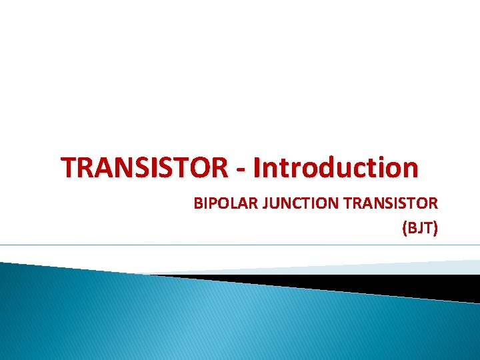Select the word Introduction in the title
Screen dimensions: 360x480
click(x=337, y=167)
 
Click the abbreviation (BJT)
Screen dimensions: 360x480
click(x=419, y=229)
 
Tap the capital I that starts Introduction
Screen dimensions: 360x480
click(x=258, y=167)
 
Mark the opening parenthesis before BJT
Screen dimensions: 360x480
click(x=404, y=229)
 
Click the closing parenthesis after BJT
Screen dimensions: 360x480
click(x=435, y=229)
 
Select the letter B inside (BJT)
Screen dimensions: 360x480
click(x=411, y=229)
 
